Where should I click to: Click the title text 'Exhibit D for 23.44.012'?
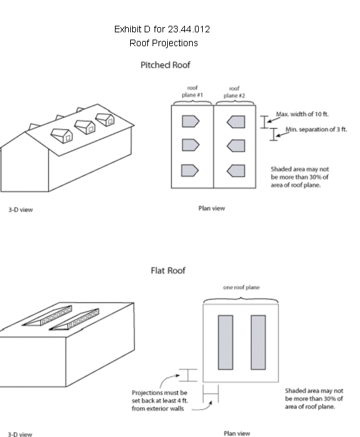(x=162, y=29)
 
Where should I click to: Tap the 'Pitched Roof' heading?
(x=165, y=65)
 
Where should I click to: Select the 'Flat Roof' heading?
(x=168, y=271)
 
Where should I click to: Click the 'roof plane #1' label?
(x=192, y=91)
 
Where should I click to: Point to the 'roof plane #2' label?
(x=234, y=92)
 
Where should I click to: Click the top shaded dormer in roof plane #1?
(x=190, y=121)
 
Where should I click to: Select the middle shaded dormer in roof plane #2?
(x=236, y=146)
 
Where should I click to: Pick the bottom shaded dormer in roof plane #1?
(x=190, y=170)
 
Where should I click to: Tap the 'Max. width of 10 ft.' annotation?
(x=303, y=114)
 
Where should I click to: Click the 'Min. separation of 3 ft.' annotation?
(x=316, y=129)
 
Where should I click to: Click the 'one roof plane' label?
(x=241, y=287)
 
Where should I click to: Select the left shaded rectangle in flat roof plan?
(x=226, y=343)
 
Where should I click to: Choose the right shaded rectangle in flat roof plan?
(x=258, y=343)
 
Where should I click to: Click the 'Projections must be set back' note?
(x=160, y=401)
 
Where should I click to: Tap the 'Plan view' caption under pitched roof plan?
(x=211, y=208)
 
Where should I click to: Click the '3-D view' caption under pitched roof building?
(x=20, y=209)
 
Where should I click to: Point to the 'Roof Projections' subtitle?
(x=164, y=43)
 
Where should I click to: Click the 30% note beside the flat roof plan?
(x=314, y=399)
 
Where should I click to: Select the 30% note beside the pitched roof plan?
(x=300, y=177)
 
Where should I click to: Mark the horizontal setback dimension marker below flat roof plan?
(x=211, y=393)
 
